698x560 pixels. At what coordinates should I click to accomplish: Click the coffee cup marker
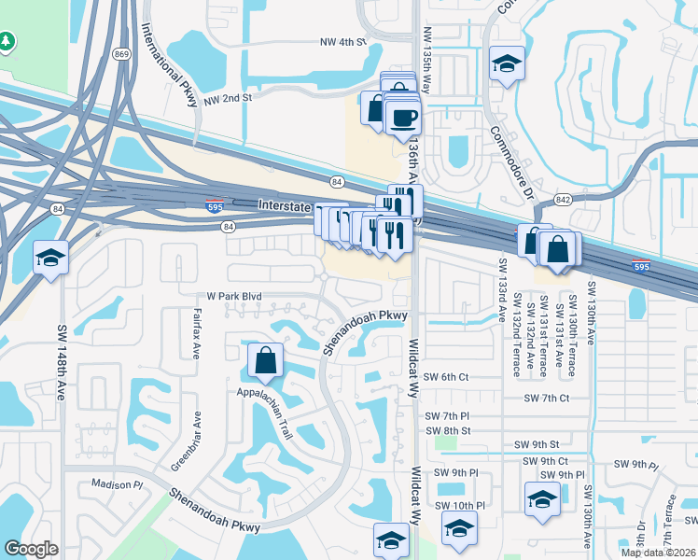coord(403,118)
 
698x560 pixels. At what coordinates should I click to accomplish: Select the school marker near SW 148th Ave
coord(50,258)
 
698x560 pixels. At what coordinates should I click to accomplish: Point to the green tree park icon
coord(7,42)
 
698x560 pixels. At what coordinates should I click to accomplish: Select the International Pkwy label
coord(171,65)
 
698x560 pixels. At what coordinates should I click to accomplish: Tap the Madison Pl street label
coord(117,484)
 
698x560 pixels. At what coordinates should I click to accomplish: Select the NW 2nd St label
coord(228,97)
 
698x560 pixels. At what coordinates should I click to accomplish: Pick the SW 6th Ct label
coord(445,376)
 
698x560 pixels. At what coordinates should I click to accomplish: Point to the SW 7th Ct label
coord(546,398)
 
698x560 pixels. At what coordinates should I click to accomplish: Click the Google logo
coord(31,548)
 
